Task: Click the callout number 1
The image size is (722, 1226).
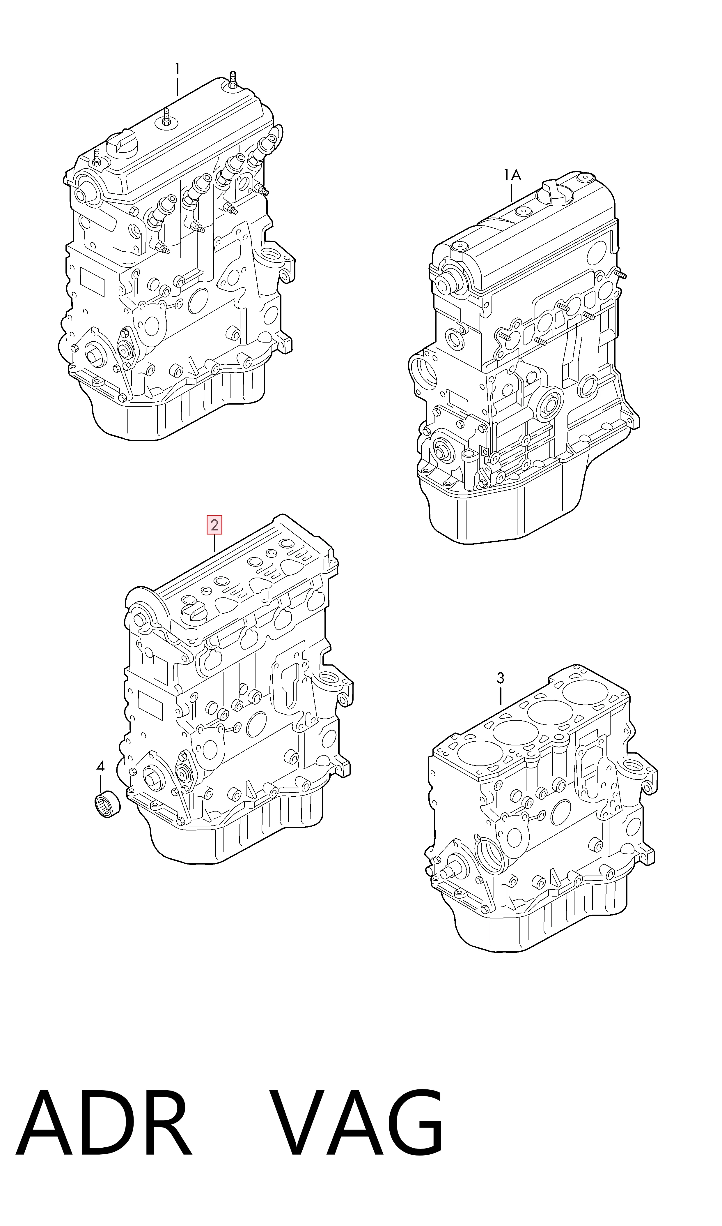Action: [x=178, y=70]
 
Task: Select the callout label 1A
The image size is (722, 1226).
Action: [x=512, y=175]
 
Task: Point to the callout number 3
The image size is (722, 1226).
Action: [x=501, y=678]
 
